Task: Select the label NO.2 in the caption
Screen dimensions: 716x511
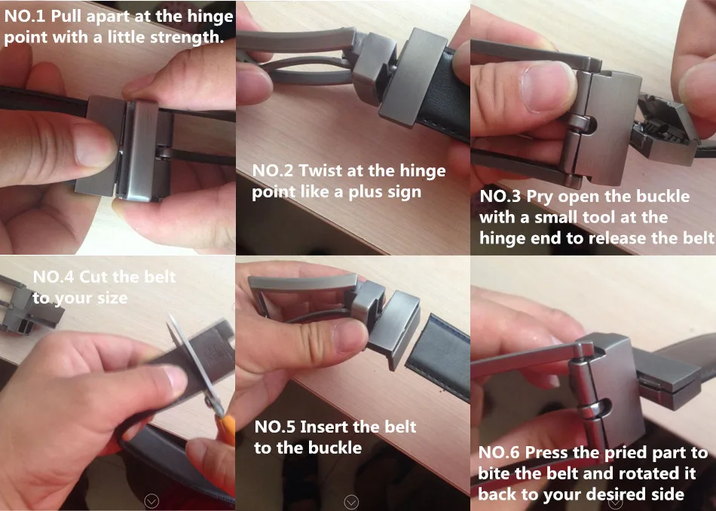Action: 273,171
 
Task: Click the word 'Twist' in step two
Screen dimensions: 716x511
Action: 320,171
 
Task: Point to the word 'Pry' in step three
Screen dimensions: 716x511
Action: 540,197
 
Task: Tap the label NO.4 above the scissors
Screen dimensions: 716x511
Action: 54,277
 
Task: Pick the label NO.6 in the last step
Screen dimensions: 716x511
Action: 499,453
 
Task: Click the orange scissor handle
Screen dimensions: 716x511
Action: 226,430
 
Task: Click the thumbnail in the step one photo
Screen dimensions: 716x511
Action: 92,145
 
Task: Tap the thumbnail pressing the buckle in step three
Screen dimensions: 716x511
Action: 547,87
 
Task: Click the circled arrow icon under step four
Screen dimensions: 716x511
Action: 151,501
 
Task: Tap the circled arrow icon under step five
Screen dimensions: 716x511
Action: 351,502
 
